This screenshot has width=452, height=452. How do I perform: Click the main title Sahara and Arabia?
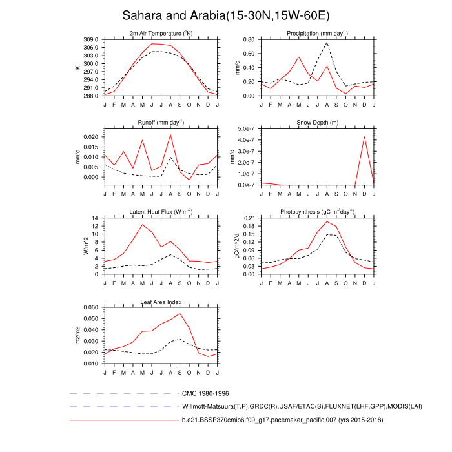coord(225,15)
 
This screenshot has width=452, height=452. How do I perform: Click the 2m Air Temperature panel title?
coord(161,34)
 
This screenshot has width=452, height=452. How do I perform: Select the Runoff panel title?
coord(161,122)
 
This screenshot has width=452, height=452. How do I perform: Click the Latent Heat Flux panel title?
coord(161,212)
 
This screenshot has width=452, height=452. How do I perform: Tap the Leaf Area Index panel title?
coord(161,302)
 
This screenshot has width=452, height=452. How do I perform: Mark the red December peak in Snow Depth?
coord(364,136)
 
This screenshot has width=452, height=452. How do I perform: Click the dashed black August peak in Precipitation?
coord(327,43)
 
